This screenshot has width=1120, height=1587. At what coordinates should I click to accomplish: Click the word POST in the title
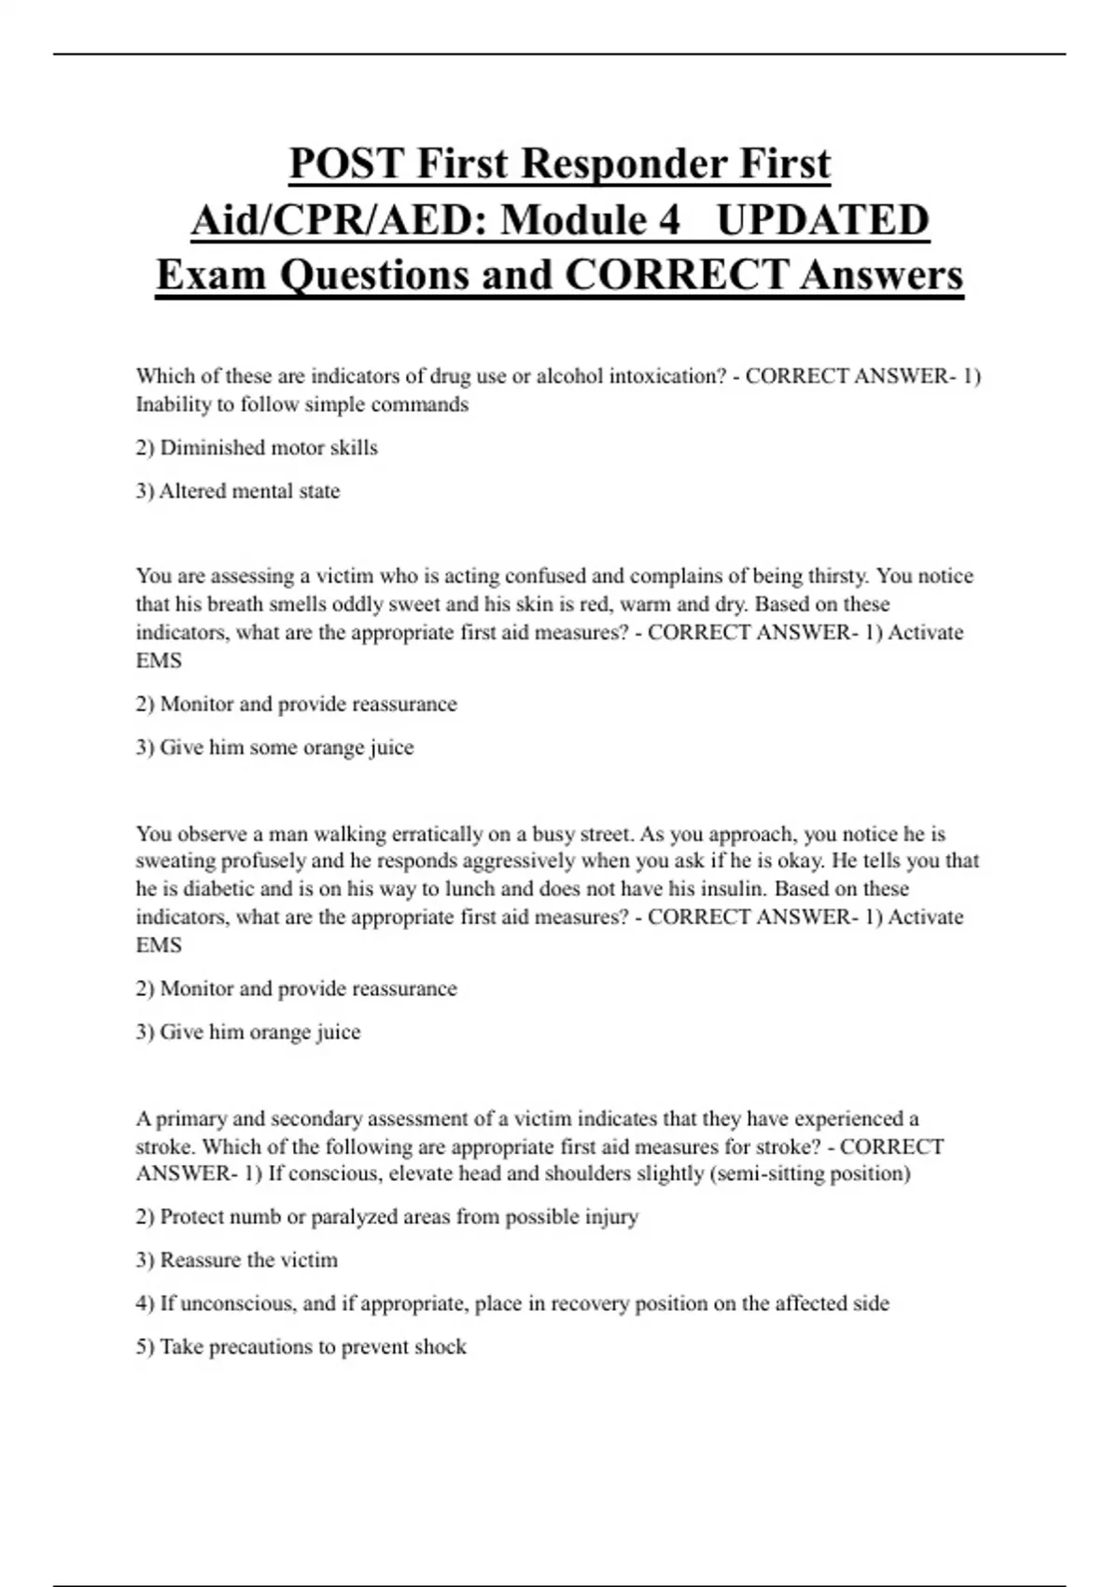tap(346, 163)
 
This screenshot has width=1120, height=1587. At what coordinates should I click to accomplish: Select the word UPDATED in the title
tap(822, 220)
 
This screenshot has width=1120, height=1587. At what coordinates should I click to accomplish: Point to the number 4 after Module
tap(668, 220)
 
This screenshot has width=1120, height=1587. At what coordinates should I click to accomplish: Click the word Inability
tap(171, 404)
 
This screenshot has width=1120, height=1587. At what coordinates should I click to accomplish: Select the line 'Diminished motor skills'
tap(257, 448)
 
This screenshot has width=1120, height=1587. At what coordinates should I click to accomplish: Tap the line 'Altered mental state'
tap(238, 491)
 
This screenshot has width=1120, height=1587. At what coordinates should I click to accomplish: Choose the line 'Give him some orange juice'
tap(274, 747)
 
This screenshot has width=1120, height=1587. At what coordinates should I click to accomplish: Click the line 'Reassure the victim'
tap(237, 1260)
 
